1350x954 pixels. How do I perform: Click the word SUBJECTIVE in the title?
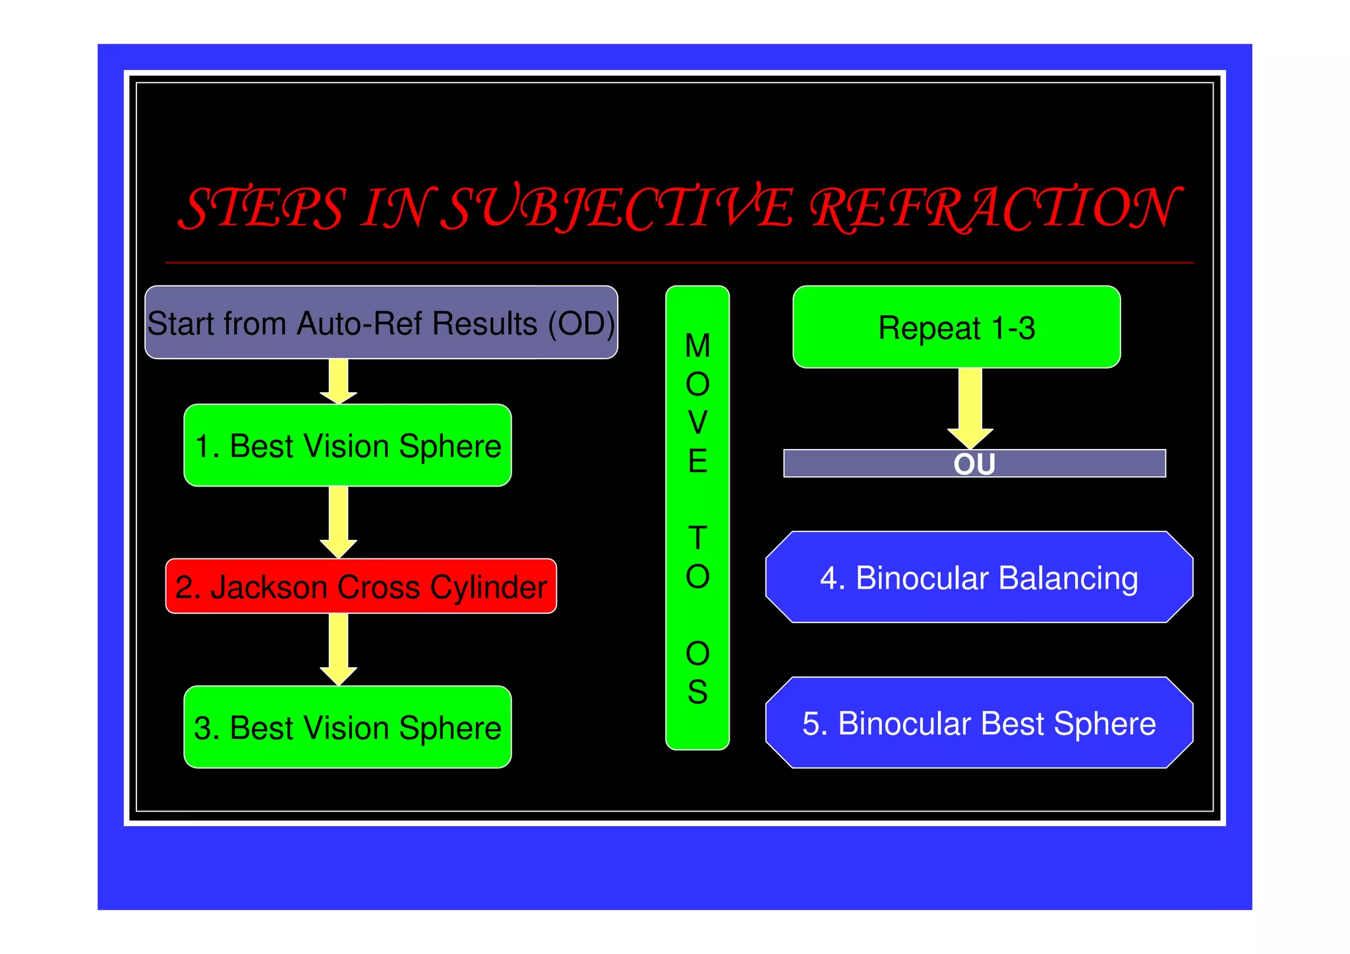616,208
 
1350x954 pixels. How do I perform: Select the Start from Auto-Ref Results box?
381,322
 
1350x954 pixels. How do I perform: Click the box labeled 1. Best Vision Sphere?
347,446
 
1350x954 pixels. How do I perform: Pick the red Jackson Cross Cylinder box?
361,586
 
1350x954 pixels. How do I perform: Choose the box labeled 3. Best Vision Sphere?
347,727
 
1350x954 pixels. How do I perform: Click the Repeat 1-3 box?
956,328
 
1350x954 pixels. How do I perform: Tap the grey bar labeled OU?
974,463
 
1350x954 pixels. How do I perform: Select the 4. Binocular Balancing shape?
979,578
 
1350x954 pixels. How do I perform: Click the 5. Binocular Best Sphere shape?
979,723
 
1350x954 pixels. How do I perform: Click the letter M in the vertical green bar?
697,346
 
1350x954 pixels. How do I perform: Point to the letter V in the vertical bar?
697,423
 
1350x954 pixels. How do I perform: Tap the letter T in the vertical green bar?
697,538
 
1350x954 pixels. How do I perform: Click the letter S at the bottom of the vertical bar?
697,692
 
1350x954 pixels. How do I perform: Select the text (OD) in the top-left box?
581,324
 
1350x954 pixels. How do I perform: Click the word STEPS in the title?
262,208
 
